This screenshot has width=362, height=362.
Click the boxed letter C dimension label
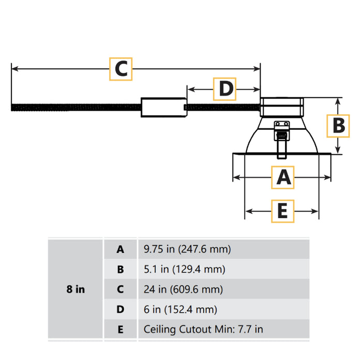121,69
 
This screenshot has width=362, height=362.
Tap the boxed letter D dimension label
225,89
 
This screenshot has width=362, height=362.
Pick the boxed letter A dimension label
283,177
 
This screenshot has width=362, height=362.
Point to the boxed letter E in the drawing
282,211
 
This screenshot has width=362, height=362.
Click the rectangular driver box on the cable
164,108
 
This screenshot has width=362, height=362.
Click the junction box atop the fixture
282,108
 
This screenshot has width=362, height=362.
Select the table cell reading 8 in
76,289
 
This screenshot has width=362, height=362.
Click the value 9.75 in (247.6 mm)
187,249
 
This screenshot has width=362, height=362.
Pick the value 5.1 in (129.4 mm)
184,269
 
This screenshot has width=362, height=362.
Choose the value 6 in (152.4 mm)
180,310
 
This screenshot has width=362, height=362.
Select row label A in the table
120,249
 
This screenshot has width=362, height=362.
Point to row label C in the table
120,290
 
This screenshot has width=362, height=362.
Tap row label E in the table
120,329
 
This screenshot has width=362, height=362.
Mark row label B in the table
120,269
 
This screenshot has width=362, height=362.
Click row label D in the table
120,310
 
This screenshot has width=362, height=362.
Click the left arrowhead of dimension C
14,68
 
